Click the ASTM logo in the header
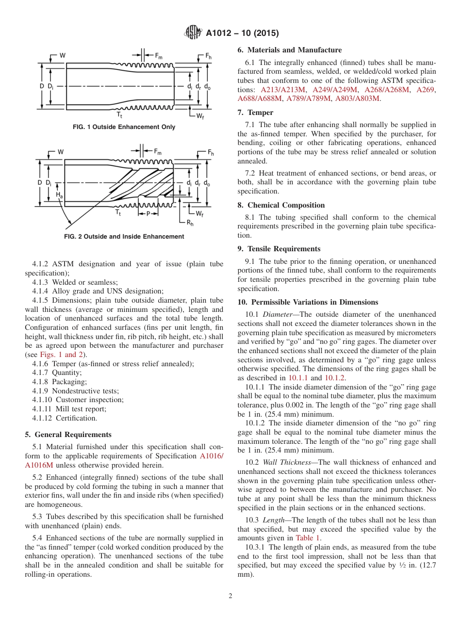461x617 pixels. (x=193, y=33)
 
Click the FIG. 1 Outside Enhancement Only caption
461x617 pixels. (x=124, y=127)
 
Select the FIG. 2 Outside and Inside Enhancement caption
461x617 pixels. (x=124, y=237)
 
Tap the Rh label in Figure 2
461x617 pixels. (x=190, y=223)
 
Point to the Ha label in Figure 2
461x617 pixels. (x=59, y=195)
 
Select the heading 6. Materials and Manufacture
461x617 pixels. (x=290, y=50)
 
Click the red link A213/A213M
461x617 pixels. (x=283, y=90)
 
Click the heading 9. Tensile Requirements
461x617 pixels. (x=279, y=249)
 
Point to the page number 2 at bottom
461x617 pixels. (x=230, y=596)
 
